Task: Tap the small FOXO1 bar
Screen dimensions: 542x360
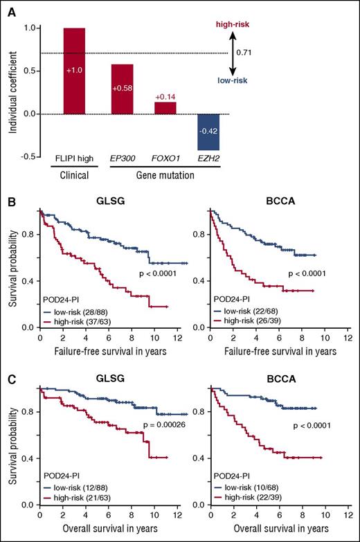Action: click(165, 108)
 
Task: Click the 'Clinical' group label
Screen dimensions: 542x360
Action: click(73, 174)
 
